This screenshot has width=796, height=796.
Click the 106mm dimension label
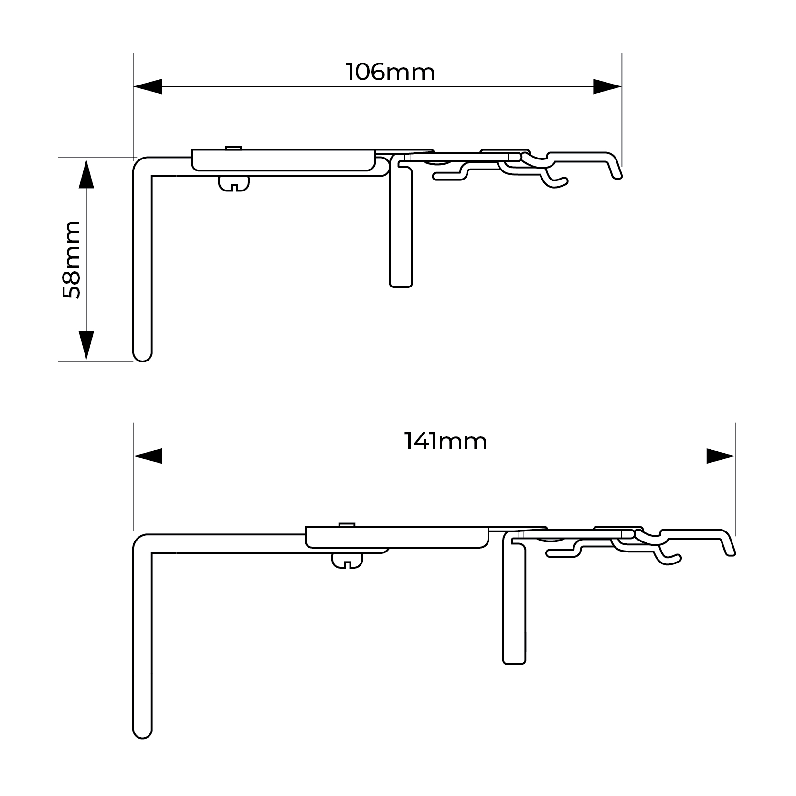(x=390, y=73)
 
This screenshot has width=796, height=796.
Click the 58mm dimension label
(x=72, y=260)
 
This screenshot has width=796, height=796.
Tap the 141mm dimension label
(x=446, y=441)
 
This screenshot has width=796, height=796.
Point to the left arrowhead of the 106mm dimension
(x=148, y=87)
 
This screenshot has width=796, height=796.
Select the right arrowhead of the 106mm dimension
(x=607, y=87)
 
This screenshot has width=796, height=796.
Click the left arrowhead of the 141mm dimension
(x=148, y=456)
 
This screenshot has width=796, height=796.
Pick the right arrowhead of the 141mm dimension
(x=721, y=456)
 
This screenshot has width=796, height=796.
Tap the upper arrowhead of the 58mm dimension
(x=86, y=174)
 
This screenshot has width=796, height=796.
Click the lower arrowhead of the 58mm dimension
(x=86, y=345)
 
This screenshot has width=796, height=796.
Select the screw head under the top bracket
(x=234, y=184)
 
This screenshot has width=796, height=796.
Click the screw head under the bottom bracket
(x=347, y=561)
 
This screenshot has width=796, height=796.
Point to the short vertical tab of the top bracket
(x=401, y=222)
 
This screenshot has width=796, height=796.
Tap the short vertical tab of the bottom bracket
(x=514, y=599)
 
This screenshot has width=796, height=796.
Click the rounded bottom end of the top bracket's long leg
(x=142, y=354)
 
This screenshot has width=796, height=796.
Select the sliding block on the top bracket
(x=284, y=160)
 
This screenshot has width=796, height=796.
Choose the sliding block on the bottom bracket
(x=397, y=537)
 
